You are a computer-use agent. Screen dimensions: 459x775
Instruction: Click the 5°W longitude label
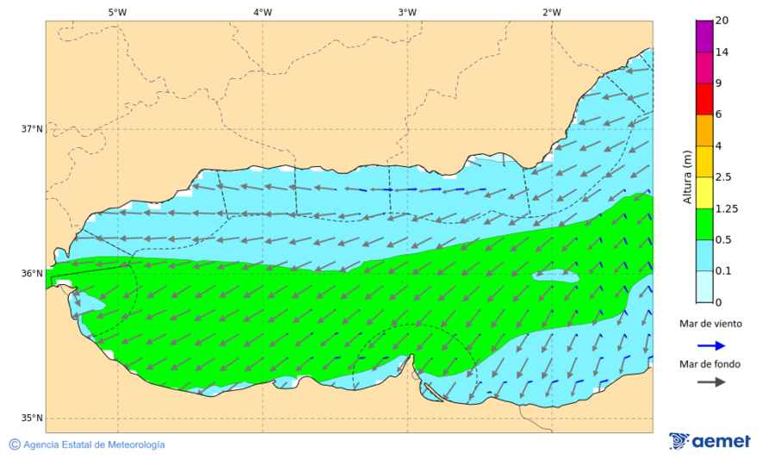tap(118, 12)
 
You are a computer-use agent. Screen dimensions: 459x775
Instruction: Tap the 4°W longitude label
tap(263, 12)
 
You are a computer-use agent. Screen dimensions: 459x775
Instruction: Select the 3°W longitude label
tap(407, 12)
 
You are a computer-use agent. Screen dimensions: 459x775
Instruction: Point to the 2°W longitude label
tap(552, 12)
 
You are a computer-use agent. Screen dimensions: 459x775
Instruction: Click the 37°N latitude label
tap(32, 129)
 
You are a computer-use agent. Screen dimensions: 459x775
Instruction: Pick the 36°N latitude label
tap(32, 274)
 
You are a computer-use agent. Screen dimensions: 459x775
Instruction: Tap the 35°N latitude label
tap(32, 419)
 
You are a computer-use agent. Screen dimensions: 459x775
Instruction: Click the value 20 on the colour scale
tap(723, 21)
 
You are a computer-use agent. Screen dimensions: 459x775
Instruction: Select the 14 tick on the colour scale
tap(723, 52)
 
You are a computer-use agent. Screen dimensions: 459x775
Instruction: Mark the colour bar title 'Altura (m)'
tap(687, 177)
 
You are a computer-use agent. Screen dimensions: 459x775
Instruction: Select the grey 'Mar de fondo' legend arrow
tap(710, 382)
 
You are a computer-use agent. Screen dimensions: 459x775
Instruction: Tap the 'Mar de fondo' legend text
tap(710, 364)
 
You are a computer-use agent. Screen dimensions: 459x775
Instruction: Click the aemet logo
tap(710, 441)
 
